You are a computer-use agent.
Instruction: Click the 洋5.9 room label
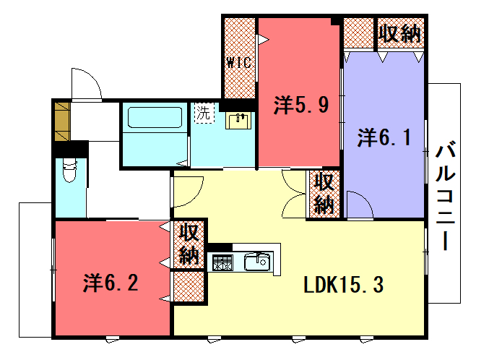point(301,105)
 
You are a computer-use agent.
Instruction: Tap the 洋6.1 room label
point(384,137)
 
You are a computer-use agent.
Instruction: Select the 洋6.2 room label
point(111,283)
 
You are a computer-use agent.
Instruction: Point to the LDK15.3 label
point(343,285)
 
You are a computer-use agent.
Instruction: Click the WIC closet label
point(239,63)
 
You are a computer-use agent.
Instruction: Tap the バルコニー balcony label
point(446,196)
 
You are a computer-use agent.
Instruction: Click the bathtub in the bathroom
point(155,117)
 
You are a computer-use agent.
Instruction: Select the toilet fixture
point(69,170)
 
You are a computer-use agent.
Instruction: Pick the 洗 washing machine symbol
point(204,113)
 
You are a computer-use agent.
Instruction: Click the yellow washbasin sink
point(238,121)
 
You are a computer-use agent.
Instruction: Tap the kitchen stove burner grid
point(222,262)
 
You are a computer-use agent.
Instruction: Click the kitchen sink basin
point(257,262)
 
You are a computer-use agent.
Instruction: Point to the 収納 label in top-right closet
point(400,33)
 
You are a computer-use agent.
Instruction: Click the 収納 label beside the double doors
point(324,194)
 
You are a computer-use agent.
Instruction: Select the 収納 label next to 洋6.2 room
point(189,244)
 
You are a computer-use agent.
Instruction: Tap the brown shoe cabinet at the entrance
point(62,121)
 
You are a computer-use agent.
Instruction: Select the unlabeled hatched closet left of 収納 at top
point(359,33)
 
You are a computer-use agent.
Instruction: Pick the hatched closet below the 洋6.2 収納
point(189,286)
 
